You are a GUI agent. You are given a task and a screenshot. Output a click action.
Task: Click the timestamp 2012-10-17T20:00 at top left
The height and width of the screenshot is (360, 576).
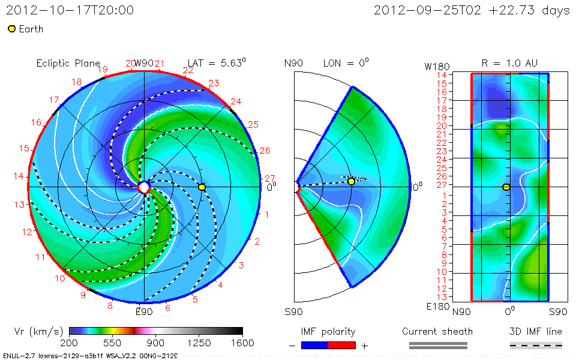[x=70, y=11]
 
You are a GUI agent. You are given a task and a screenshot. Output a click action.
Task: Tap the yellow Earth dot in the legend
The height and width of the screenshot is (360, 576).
[x=11, y=29]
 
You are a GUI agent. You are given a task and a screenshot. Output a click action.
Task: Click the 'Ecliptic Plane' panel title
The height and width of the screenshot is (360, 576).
[x=68, y=63]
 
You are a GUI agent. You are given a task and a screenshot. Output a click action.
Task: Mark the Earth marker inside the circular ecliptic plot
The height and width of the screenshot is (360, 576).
[x=202, y=187]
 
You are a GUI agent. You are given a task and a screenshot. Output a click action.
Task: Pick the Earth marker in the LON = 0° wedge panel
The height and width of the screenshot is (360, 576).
[x=352, y=181]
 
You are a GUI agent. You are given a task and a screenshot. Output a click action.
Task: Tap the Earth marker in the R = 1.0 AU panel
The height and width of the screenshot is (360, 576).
[x=506, y=187]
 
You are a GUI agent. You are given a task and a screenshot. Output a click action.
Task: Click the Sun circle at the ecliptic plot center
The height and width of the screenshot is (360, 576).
[x=144, y=187]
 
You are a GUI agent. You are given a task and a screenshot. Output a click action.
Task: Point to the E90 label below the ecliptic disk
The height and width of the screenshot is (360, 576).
[x=144, y=311]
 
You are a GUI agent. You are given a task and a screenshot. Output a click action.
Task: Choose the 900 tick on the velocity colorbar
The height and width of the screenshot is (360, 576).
[x=156, y=343]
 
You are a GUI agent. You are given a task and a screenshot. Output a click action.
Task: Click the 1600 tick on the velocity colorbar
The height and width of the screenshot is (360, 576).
[x=242, y=343]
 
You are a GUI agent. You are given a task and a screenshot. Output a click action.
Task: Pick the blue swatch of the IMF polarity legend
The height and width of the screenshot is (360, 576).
[x=314, y=345]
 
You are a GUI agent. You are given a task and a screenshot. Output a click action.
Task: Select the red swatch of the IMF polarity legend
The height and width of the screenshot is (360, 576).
[x=342, y=345]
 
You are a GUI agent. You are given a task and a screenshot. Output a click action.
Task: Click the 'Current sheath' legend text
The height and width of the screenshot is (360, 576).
[x=437, y=331]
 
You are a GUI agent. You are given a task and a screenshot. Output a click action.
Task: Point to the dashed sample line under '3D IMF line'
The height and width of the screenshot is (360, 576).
[x=536, y=345]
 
